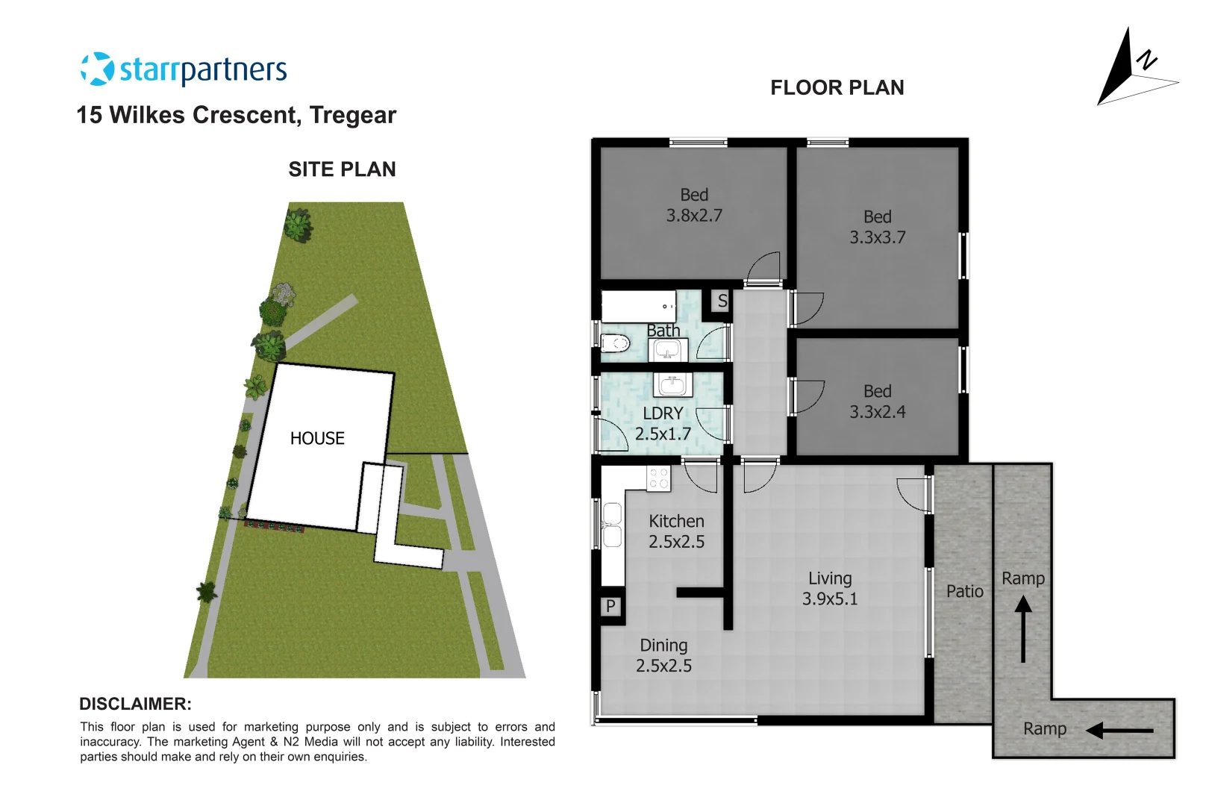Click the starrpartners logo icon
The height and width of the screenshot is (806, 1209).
[96, 69]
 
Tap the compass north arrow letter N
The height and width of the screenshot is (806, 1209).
[1146, 60]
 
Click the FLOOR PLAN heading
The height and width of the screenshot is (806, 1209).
[837, 88]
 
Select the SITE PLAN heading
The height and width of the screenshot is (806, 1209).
[342, 169]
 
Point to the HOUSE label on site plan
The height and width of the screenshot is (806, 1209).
[317, 438]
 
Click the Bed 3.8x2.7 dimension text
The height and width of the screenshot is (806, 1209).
[694, 216]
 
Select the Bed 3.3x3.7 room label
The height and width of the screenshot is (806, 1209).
[877, 227]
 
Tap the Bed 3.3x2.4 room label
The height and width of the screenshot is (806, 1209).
[877, 402]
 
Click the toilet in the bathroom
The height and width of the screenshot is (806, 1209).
[615, 344]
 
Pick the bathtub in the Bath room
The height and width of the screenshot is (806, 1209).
[638, 307]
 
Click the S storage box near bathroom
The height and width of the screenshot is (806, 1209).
[722, 302]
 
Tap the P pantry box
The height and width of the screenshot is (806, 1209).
[610, 606]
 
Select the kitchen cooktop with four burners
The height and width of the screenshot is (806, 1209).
[658, 478]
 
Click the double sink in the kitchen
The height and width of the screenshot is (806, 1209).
[612, 525]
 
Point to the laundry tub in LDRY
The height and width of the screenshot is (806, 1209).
[672, 385]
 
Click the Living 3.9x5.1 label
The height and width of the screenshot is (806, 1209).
[829, 588]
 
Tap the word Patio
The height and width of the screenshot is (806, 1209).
[964, 591]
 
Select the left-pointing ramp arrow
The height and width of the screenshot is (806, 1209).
[1119, 731]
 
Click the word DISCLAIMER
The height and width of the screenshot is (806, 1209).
[135, 704]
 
